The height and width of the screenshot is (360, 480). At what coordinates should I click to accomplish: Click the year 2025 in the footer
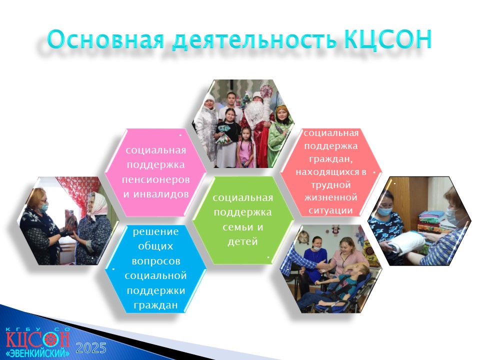(91, 348)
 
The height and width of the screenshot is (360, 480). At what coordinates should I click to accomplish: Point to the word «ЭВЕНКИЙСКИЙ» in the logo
(37, 352)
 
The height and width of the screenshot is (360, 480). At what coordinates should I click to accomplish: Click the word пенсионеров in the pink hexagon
(156, 179)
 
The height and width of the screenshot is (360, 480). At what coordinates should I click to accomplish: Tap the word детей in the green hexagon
(243, 242)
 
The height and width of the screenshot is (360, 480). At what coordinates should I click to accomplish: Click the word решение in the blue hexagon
(156, 231)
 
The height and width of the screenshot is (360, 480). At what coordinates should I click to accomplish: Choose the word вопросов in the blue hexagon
(156, 261)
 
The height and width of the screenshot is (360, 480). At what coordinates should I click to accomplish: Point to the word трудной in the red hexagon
(330, 185)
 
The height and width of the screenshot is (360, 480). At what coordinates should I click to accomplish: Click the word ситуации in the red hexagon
(330, 210)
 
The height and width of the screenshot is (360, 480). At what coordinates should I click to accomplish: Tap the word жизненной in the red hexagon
(330, 197)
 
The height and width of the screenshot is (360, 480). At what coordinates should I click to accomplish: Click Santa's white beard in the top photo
(255, 115)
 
